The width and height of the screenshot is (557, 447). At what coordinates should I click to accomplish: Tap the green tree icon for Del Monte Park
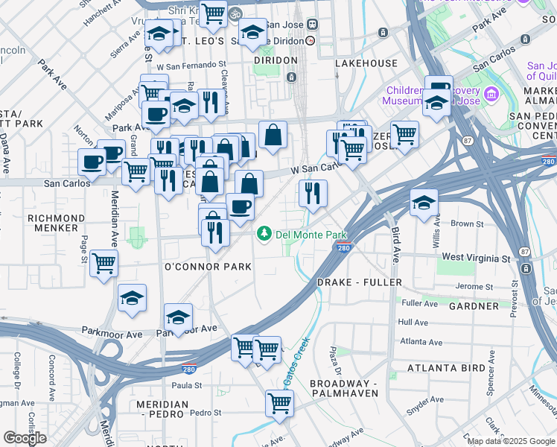tap(264, 234)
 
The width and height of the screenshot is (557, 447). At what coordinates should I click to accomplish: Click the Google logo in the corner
tap(25, 438)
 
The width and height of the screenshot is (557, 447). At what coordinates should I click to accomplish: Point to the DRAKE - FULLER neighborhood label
tap(359, 282)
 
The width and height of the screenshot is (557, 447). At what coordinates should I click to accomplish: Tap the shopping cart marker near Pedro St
tap(279, 403)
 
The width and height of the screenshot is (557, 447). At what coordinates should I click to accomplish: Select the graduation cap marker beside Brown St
tap(424, 203)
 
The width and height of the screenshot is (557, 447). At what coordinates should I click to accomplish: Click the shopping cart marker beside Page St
tap(104, 262)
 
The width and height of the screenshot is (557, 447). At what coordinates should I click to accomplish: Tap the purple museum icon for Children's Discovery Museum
tap(491, 95)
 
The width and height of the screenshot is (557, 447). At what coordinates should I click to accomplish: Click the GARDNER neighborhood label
tap(474, 306)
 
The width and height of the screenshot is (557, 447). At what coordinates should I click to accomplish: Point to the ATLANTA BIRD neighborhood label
tap(442, 368)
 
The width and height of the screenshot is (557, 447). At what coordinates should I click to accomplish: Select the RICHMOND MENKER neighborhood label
tap(52, 223)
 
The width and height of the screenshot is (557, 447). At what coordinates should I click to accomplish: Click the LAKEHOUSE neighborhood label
tap(366, 63)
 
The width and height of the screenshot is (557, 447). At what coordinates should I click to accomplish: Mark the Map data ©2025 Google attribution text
tap(511, 441)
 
